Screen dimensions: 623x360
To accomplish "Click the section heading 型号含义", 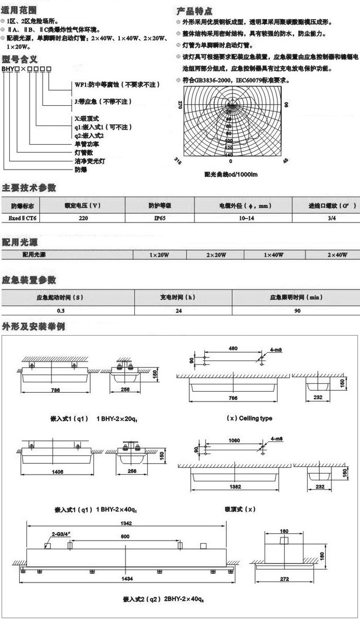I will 19,59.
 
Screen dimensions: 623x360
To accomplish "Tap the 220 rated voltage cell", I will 82,218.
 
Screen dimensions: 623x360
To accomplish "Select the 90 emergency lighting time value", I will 297,310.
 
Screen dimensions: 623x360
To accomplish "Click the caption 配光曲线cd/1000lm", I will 231,174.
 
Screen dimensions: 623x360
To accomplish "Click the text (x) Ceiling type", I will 250,418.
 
